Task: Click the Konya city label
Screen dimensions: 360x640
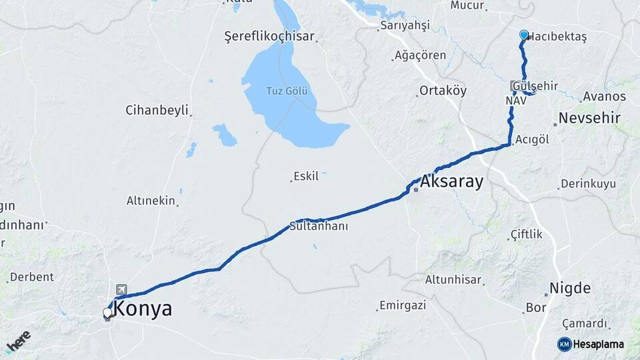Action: point(143,309)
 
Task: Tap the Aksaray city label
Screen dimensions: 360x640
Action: point(451,181)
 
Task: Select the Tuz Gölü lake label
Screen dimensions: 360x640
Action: point(287,91)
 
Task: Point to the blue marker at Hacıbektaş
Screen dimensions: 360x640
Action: point(524,35)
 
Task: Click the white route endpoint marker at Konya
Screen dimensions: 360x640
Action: point(107,312)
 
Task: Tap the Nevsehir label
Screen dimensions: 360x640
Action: point(590,118)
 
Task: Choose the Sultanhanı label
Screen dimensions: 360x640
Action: point(319,226)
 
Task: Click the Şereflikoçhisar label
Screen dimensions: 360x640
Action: point(269,37)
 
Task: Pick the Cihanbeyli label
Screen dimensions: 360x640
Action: point(157,110)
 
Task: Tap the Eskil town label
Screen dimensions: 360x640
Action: point(307,178)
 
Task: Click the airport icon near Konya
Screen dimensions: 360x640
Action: point(121,289)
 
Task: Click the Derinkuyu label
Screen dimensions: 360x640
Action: point(588,183)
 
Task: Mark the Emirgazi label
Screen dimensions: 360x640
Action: point(402,305)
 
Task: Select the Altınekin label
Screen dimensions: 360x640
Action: point(151,200)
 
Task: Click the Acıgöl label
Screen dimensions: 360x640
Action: point(532,139)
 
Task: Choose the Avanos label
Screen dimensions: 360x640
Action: point(604,97)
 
